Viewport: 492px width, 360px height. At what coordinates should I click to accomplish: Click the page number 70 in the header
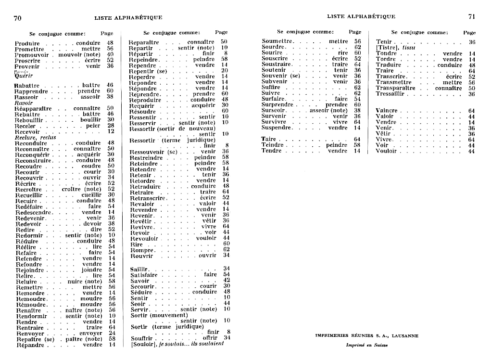pos(18,18)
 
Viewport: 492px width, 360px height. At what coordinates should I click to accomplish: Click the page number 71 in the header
pos(472,16)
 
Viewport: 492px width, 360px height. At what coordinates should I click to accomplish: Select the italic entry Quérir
pos(24,76)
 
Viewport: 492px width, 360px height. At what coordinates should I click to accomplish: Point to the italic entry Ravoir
pos(23,103)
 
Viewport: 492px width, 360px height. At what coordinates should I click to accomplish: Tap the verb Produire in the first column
pos(27,43)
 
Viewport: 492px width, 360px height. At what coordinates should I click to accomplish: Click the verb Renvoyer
pos(30,333)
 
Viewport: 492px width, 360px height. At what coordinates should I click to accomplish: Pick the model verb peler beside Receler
pos(93,126)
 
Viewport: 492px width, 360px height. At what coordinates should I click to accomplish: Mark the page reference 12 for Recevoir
pos(111,131)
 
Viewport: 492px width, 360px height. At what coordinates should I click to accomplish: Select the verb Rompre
pos(142,250)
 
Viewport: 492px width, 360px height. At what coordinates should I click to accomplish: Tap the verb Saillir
pos(140,269)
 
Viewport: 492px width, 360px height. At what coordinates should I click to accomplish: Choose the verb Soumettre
pos(277,41)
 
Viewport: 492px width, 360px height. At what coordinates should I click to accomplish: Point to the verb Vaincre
pos(386,111)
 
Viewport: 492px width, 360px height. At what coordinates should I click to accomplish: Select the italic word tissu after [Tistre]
pos(409,48)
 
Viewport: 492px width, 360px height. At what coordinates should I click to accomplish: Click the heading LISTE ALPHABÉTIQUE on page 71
pos(361,16)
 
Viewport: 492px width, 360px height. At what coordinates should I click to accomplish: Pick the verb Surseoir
pos(274,110)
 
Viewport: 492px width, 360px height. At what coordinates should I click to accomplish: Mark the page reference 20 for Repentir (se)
pos(225,71)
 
